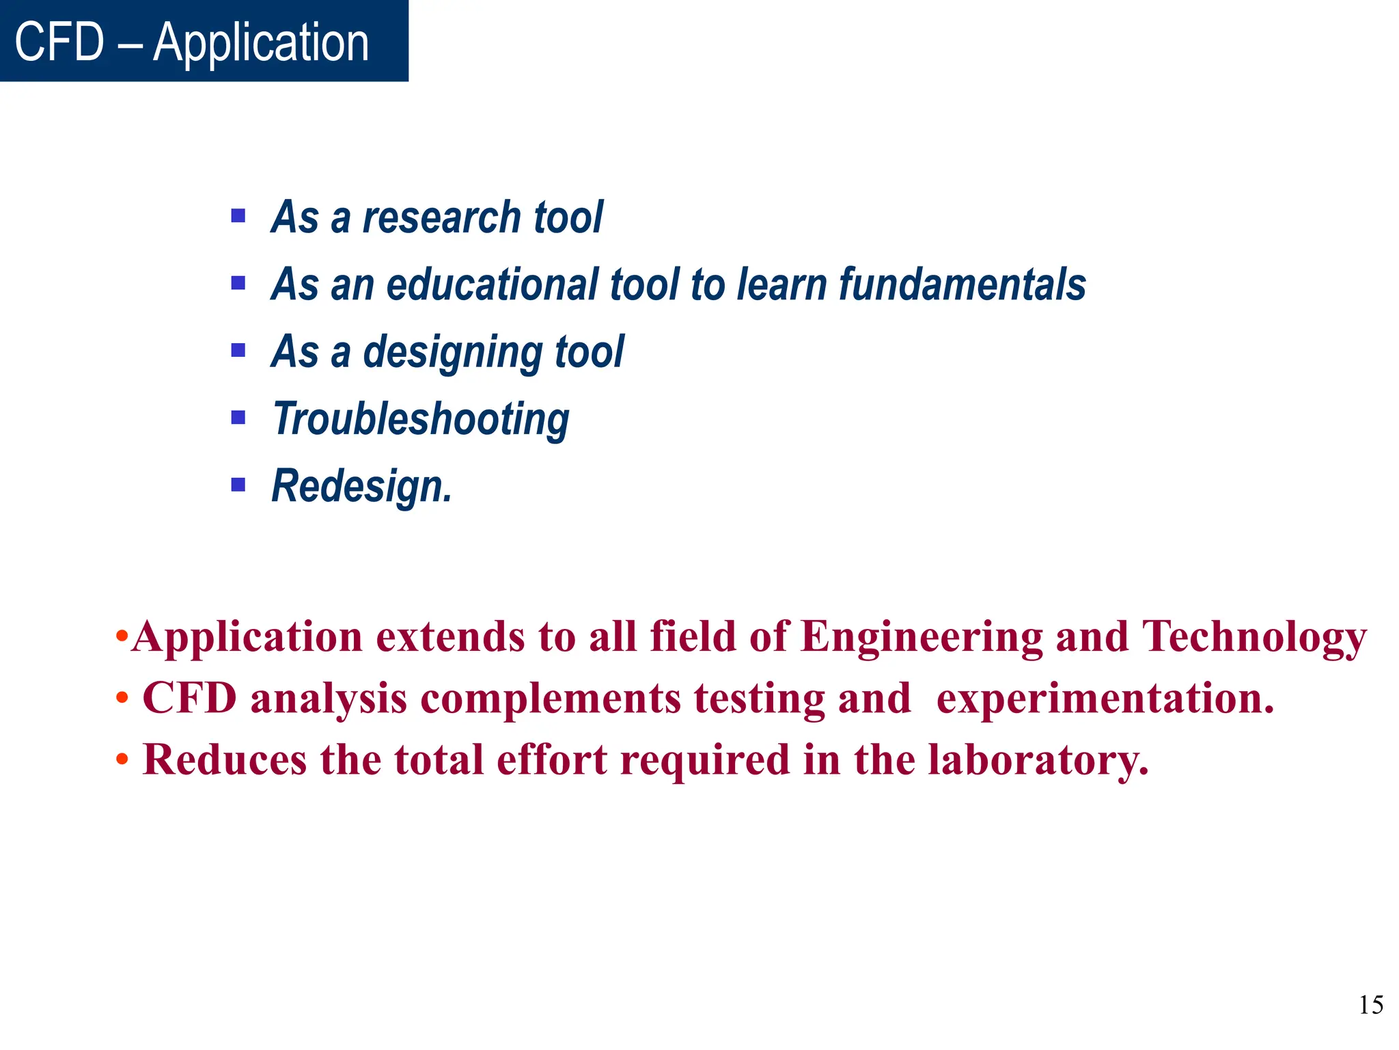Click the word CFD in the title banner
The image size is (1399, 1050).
click(59, 42)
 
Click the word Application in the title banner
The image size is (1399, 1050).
click(261, 42)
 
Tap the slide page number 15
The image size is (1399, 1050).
click(1370, 1005)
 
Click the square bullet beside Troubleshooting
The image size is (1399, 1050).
click(238, 418)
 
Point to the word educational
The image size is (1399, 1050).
click(492, 284)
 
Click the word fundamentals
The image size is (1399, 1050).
click(962, 284)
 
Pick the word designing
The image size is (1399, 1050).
click(452, 353)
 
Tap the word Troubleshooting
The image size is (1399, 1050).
click(421, 419)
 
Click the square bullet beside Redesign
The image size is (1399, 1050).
click(238, 485)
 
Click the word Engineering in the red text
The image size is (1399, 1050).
click(922, 637)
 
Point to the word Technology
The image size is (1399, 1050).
click(1254, 637)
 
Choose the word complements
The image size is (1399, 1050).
click(551, 699)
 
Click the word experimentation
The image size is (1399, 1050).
click(1105, 699)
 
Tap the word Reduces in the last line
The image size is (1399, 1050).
click(225, 759)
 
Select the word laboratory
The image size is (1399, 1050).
click(1038, 759)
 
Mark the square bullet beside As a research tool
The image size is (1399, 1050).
click(238, 217)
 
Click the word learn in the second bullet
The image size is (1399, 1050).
click(782, 284)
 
